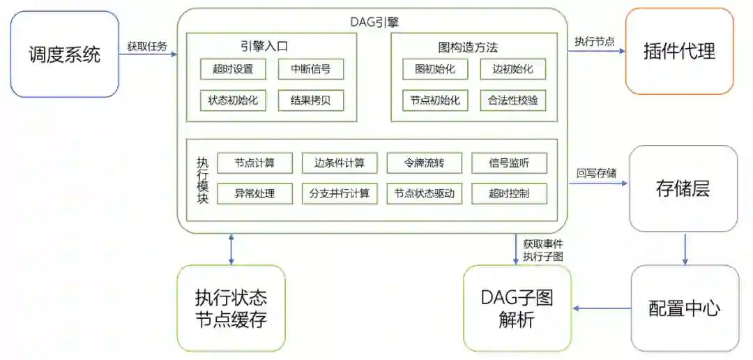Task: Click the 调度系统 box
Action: coord(65,54)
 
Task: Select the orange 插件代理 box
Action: coord(679,51)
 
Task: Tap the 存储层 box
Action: coord(683,188)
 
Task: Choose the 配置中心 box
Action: coord(684,308)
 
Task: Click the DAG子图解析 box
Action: coord(517,308)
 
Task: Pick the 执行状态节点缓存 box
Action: coord(231,308)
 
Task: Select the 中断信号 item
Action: coord(310,69)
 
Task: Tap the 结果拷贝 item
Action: coord(310,100)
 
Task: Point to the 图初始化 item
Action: coord(435,69)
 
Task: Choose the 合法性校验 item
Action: coord(513,100)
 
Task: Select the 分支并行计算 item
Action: coord(340,193)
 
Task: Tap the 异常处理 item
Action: coord(254,193)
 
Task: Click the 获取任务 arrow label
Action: coord(147,46)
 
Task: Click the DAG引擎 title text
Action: coord(374,22)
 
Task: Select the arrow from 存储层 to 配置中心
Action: coord(685,248)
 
